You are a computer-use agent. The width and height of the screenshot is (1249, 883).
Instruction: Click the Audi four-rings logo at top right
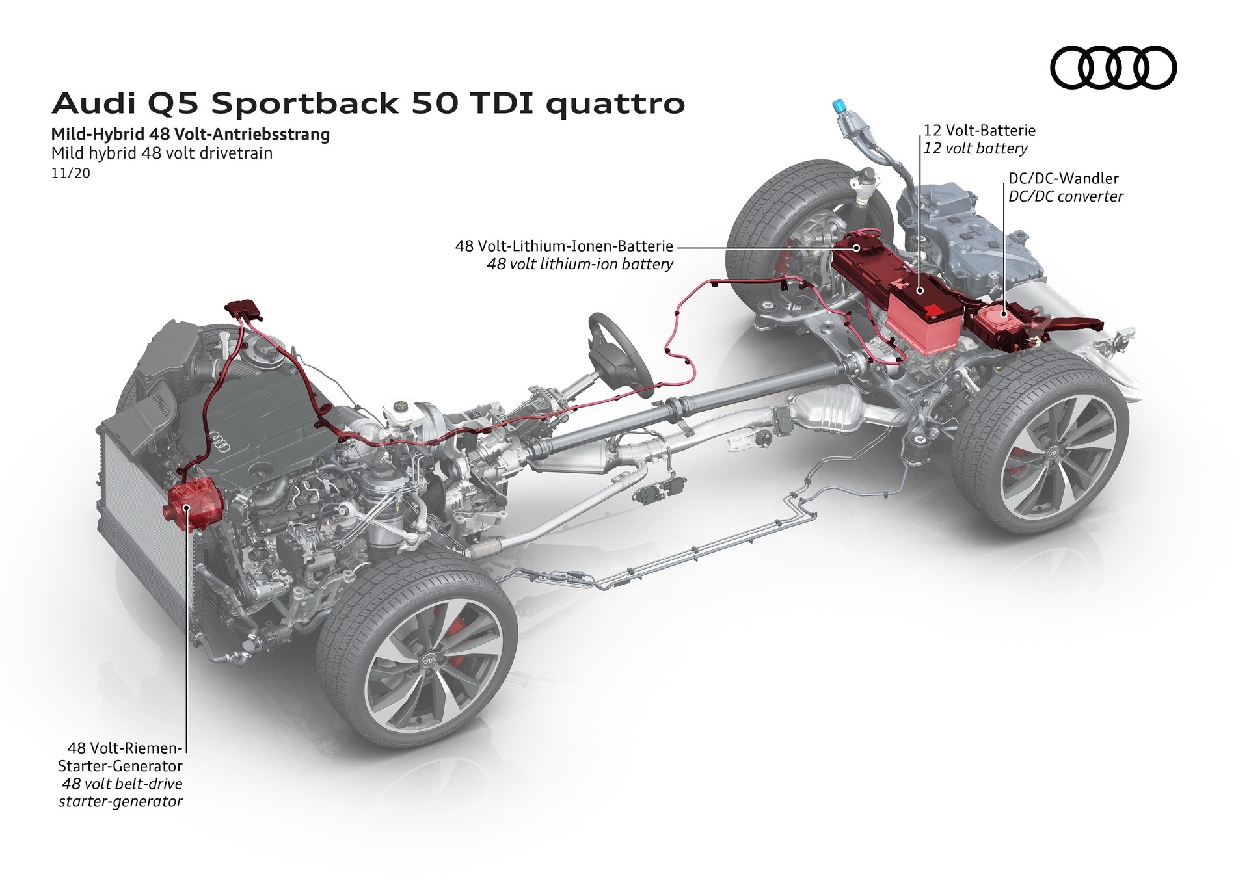1113,67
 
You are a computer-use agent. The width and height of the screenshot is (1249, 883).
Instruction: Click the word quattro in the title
615,104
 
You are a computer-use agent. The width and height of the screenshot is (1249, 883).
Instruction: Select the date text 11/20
70,173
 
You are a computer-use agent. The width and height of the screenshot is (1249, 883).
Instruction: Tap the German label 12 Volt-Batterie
979,130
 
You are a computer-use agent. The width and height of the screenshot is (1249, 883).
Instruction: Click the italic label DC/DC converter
1065,196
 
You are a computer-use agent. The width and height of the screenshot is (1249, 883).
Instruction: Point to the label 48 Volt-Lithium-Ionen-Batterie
563,246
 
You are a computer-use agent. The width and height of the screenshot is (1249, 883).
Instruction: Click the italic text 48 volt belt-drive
122,784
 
